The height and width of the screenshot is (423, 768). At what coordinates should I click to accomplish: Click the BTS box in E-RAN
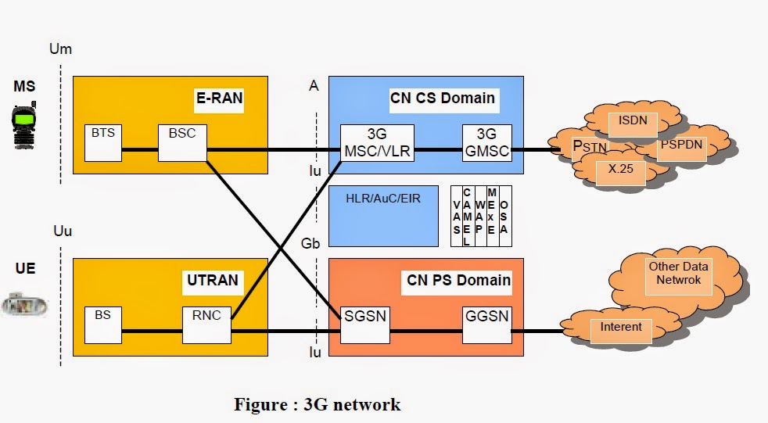click(x=103, y=142)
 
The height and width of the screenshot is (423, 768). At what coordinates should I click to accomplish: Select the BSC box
click(x=176, y=142)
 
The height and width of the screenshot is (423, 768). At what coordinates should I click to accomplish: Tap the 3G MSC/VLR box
click(x=377, y=142)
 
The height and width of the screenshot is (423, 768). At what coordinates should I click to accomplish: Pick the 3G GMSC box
click(x=486, y=142)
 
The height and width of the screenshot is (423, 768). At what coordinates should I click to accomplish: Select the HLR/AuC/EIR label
click(x=383, y=199)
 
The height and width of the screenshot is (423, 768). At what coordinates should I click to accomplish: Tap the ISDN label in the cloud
click(x=633, y=121)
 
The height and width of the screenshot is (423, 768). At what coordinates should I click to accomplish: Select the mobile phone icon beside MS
click(x=24, y=125)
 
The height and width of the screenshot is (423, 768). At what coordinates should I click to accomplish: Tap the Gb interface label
click(x=311, y=242)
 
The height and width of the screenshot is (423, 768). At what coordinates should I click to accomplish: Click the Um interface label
click(x=60, y=49)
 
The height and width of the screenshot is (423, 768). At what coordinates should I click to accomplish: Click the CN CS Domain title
click(x=442, y=98)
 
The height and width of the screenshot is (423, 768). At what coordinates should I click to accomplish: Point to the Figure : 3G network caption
click(x=317, y=404)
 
